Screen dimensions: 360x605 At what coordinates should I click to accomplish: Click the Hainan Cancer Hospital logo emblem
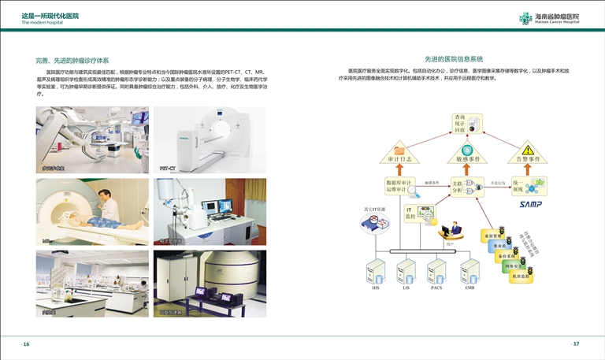[x=525, y=18]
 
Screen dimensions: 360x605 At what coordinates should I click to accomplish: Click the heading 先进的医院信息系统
[x=454, y=59]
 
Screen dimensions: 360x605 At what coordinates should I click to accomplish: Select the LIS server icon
[x=406, y=272]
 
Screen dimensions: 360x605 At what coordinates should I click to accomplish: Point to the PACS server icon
[x=436, y=272]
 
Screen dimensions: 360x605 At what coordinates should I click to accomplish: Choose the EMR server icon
[x=470, y=272]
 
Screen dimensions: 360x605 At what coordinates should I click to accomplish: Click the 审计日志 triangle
[x=399, y=152]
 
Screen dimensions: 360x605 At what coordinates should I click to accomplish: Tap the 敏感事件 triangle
[x=468, y=152]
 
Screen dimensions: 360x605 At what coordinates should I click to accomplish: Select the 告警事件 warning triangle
[x=529, y=152]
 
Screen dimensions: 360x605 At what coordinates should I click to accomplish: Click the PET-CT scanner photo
[x=210, y=140]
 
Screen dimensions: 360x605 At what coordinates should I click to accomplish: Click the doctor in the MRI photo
[x=108, y=206]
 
